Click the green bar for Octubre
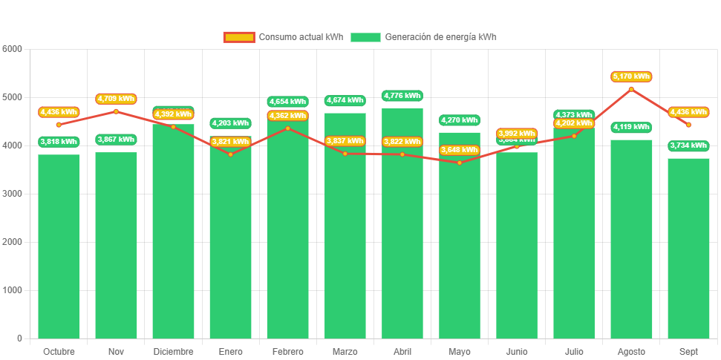59,245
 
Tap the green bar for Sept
688,249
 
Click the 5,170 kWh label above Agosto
631,76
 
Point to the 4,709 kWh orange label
116,99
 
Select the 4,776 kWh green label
402,96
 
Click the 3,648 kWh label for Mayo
460,150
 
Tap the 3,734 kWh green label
688,145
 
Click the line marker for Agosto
631,89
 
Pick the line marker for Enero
230,154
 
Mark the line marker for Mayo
460,163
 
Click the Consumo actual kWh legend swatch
238,37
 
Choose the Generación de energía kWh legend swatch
365,37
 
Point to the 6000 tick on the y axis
13,49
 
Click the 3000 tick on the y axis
13,194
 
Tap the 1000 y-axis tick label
13,290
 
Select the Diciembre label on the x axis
173,351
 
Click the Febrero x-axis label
287,351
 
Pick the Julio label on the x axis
574,351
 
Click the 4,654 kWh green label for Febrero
287,102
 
